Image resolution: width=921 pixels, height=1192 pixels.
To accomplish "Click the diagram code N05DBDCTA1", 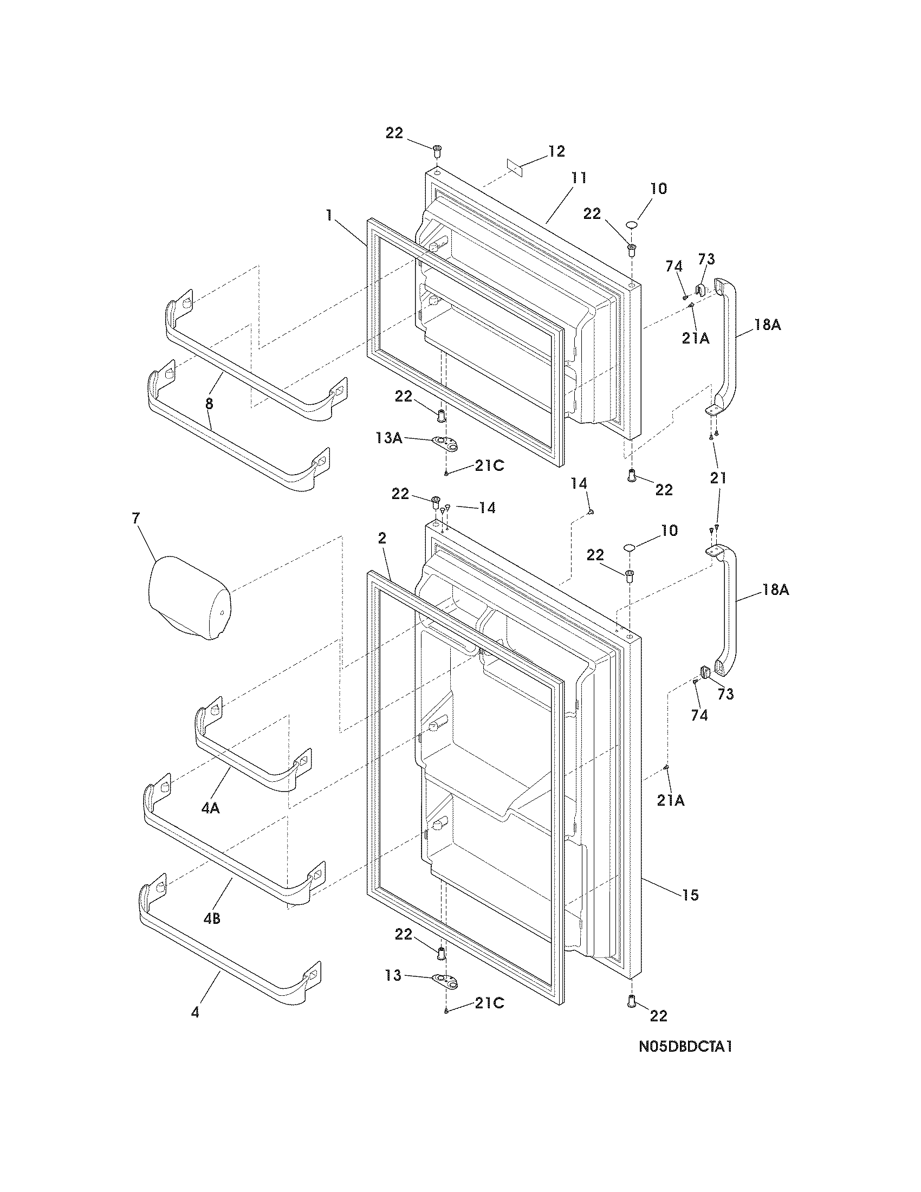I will tap(685, 1062).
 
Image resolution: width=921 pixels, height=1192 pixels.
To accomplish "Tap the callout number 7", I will tap(135, 519).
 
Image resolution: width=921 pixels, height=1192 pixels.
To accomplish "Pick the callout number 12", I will tap(556, 151).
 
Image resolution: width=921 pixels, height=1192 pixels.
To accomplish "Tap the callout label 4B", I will tap(212, 919).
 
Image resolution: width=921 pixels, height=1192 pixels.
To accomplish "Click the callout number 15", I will tap(690, 895).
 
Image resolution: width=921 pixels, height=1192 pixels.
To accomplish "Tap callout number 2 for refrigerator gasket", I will tap(382, 539).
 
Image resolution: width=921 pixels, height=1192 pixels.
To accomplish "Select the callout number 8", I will tap(210, 404).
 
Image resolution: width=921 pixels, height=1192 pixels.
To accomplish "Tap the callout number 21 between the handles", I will tap(718, 478).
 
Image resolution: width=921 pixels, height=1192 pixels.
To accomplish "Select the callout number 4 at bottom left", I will tap(195, 1013).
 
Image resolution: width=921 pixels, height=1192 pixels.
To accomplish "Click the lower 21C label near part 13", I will tap(489, 1002).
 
